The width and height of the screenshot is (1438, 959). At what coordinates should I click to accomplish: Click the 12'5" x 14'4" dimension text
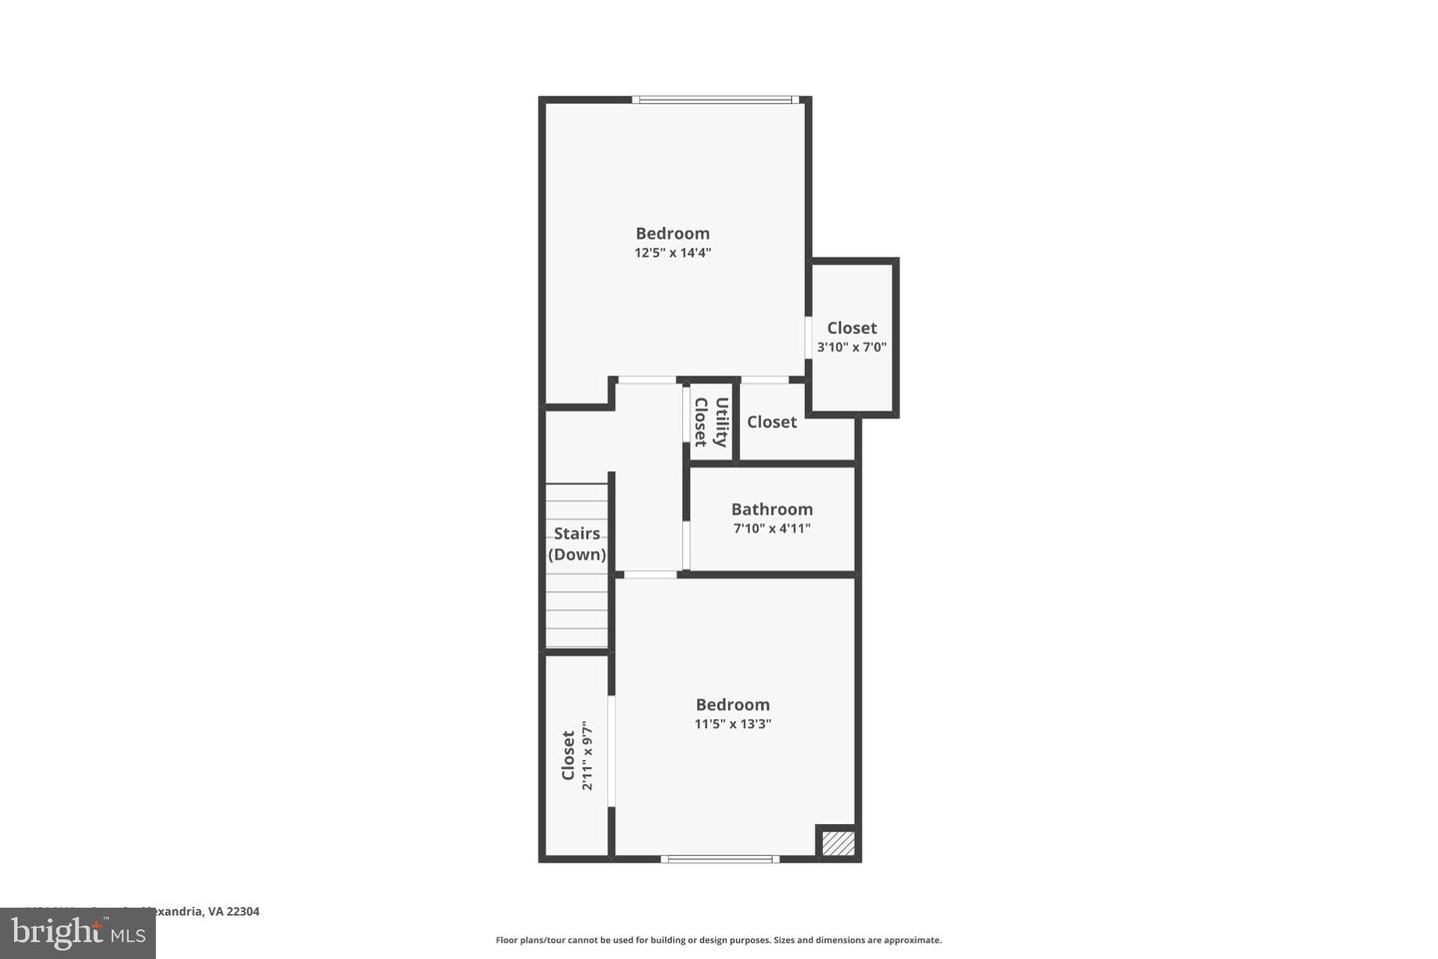[672, 253]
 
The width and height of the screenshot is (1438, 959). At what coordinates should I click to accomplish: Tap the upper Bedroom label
[672, 234]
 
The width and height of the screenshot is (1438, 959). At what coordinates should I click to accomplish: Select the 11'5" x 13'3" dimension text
[733, 724]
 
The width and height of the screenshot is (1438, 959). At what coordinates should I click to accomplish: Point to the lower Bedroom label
[733, 704]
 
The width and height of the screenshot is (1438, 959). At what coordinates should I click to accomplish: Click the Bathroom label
[772, 509]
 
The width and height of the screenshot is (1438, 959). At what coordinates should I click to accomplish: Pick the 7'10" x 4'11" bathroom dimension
[772, 528]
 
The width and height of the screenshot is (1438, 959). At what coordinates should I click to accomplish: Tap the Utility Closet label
[711, 422]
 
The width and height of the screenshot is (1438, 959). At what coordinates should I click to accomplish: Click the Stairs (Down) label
[577, 544]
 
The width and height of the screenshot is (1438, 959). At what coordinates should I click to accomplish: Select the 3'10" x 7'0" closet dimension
[852, 348]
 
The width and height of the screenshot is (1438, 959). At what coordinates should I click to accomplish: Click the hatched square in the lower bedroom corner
[838, 842]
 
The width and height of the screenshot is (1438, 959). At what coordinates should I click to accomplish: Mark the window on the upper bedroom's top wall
[714, 100]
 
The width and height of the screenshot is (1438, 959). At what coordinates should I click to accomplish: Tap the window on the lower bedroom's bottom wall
[719, 858]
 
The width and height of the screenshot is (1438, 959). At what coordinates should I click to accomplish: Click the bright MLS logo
[77, 934]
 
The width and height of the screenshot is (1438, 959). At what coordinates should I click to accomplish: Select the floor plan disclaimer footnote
[718, 940]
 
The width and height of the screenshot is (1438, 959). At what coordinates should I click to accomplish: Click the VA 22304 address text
[229, 911]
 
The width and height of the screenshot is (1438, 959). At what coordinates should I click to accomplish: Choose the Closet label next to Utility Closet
[772, 422]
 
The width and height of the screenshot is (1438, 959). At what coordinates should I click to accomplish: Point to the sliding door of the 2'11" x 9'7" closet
[611, 749]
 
